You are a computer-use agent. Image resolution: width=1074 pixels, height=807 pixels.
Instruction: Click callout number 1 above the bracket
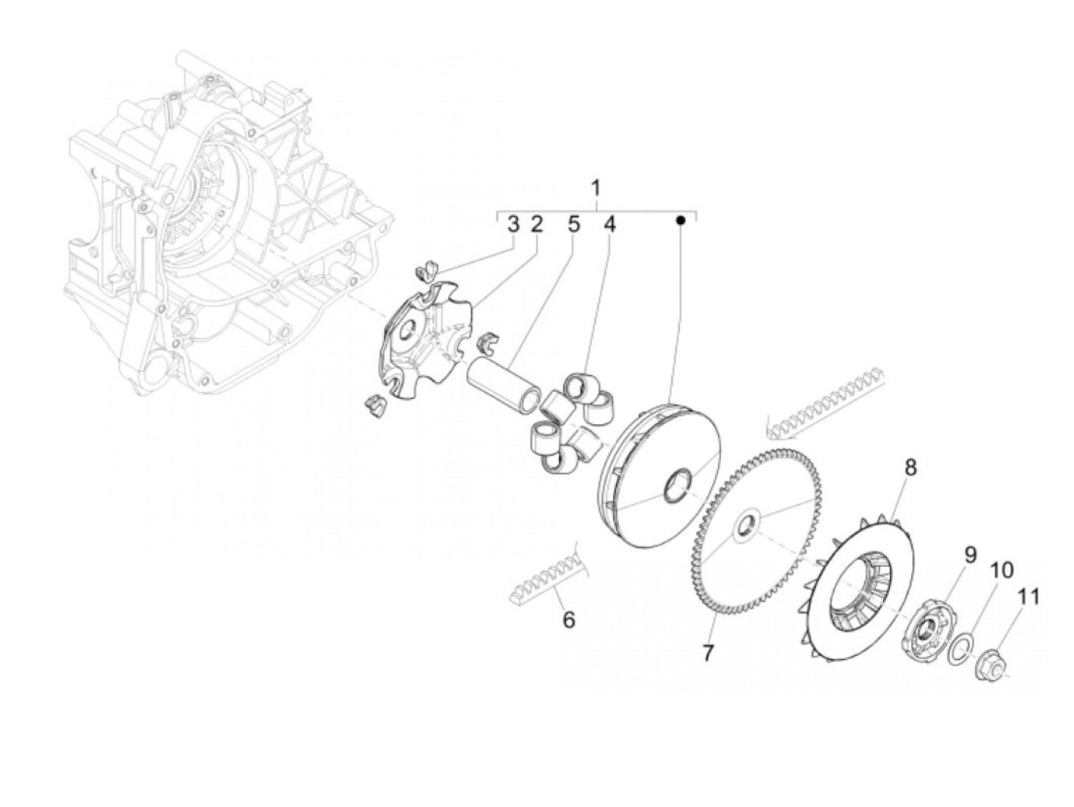click(595, 187)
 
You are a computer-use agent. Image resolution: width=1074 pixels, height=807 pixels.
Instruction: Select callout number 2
click(536, 224)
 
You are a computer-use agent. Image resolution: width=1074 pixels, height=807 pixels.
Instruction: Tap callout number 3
click(513, 224)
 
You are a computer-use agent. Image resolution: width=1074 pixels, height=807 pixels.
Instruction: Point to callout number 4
click(610, 224)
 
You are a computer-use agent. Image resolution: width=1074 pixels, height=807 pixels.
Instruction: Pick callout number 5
click(573, 224)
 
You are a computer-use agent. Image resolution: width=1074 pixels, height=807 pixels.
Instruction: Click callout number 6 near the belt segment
click(568, 619)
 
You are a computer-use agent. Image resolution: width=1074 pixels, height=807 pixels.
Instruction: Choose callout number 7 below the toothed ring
click(707, 653)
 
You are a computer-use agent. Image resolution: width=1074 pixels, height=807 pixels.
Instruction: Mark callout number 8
click(911, 467)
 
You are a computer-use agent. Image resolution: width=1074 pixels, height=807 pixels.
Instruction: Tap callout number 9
click(970, 555)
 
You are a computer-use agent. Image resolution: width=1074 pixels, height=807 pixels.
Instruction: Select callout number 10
click(1001, 570)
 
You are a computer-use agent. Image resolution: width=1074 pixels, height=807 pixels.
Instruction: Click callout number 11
click(1030, 596)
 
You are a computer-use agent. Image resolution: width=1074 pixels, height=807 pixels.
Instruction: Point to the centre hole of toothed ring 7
click(744, 527)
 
